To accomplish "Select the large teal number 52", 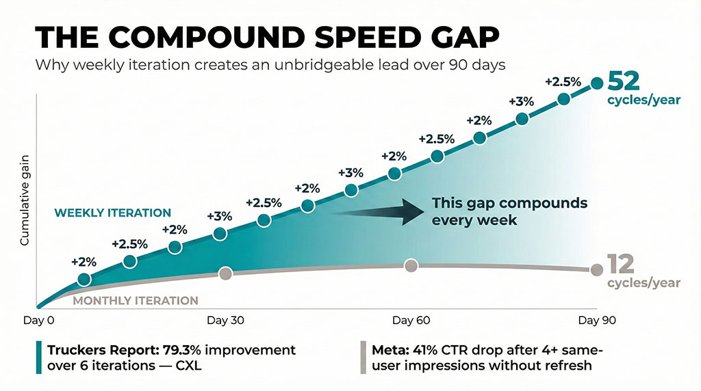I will pos(624,81).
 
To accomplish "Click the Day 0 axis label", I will pos(40,319).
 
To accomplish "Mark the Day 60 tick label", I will pos(411,319).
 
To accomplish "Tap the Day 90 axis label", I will pos(594,319).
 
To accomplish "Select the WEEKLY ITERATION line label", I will pos(113,213).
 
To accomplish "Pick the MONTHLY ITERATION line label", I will pos(136,300).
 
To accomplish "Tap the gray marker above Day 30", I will pos(225,273).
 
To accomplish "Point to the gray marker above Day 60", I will pos(411,265).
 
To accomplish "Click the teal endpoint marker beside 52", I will pos(596,83).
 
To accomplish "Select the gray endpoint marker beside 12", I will pos(595,269).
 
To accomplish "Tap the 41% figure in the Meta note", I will pos(420,350).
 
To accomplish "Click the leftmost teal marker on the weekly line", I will pos(84,279).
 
